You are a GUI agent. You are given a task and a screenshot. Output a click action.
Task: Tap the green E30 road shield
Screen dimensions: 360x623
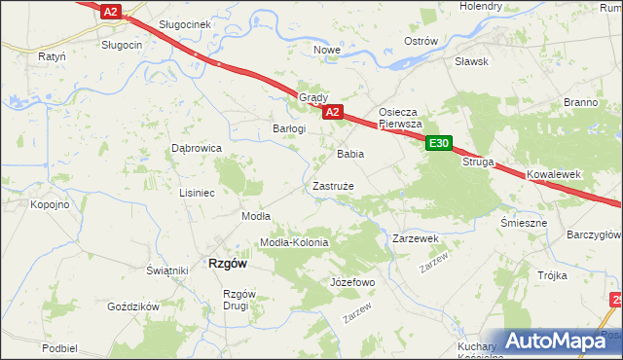[440, 144]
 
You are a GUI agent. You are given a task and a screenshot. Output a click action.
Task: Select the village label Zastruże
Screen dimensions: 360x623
[333, 185]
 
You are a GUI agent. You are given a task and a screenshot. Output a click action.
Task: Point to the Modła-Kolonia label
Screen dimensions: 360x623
[294, 242]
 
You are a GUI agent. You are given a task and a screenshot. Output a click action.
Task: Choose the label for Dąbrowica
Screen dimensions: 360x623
[197, 148]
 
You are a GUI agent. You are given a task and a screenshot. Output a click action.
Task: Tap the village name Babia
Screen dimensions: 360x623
[350, 154]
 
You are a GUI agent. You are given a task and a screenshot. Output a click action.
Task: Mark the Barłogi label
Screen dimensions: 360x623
[289, 128]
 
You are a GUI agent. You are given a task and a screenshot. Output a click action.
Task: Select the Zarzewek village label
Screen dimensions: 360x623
[416, 238]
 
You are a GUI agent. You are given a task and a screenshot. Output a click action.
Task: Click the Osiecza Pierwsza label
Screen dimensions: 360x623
[400, 118]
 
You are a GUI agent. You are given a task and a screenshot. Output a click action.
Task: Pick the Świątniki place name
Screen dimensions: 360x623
[166, 270]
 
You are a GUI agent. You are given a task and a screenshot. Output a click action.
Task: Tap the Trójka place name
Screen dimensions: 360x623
[552, 275]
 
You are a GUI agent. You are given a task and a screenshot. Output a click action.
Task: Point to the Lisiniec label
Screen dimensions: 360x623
[197, 193]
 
